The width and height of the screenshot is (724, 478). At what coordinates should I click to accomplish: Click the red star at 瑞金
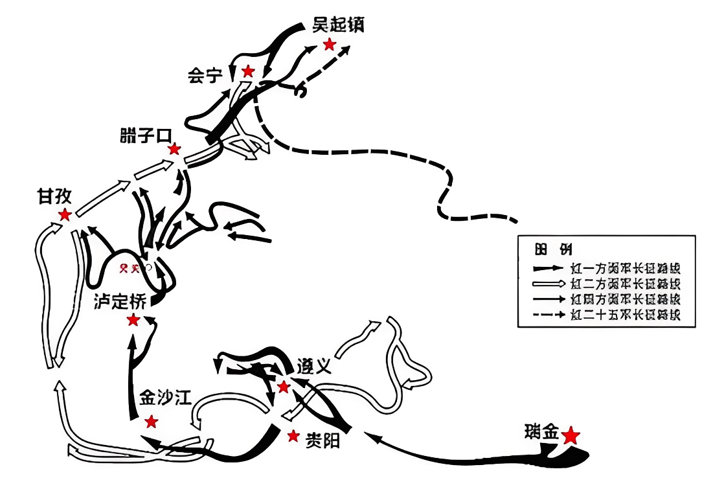(x=571, y=435)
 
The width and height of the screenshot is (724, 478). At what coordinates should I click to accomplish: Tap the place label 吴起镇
(x=338, y=25)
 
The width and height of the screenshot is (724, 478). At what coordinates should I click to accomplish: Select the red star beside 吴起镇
(x=330, y=44)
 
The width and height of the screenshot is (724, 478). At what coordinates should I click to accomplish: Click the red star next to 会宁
(x=247, y=71)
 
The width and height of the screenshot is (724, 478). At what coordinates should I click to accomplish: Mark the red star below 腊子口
(x=174, y=150)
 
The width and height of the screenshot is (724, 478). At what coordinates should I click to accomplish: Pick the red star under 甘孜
(x=65, y=215)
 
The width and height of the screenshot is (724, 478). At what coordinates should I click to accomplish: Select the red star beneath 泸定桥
(x=133, y=320)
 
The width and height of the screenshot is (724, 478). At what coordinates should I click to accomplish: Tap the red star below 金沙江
(x=151, y=422)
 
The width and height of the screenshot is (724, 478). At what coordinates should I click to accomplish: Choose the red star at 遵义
(x=283, y=387)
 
